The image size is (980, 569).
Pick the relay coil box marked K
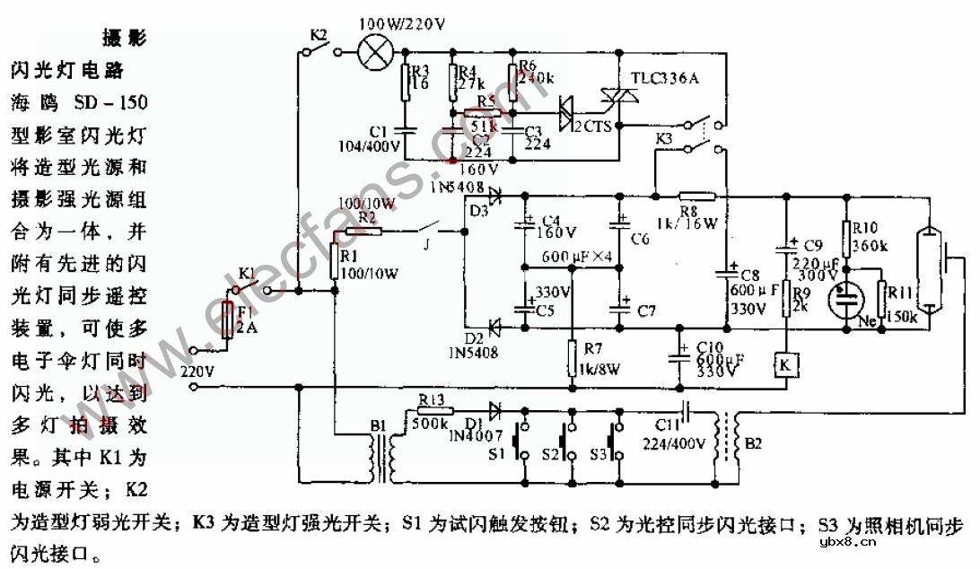click(785, 365)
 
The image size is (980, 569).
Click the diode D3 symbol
click(494, 191)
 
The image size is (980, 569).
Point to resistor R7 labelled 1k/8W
click(573, 358)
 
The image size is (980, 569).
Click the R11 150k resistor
click(882, 300)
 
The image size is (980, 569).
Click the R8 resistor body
click(696, 195)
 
